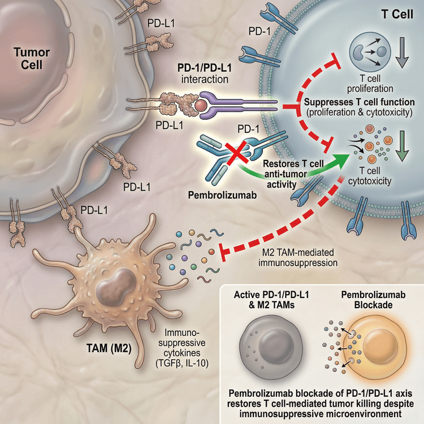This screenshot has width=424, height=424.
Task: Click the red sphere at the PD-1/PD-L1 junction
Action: (201, 105)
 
